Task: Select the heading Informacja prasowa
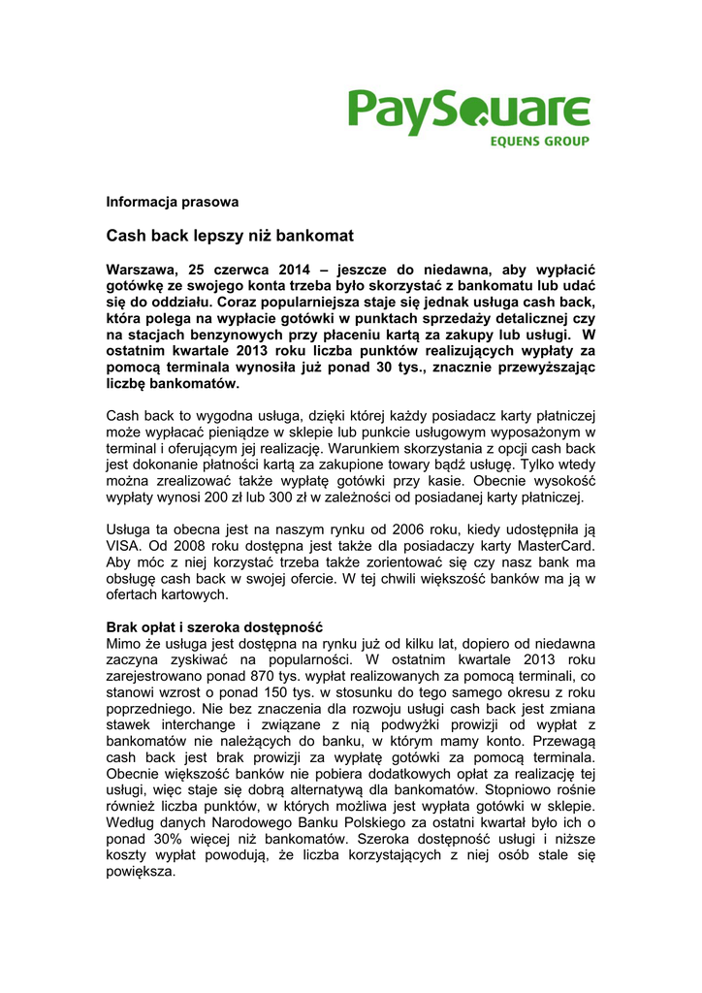point(172,202)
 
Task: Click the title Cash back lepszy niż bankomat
point(229,235)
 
